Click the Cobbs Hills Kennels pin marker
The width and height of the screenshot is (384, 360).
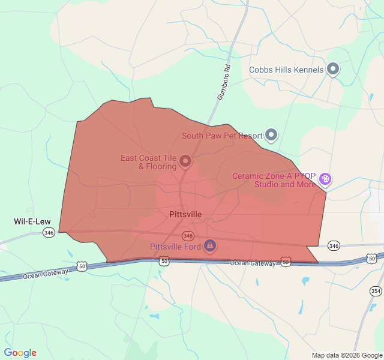click(x=333, y=70)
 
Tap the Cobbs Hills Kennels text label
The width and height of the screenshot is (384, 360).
click(x=286, y=70)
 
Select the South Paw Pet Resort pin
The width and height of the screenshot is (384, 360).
click(x=272, y=135)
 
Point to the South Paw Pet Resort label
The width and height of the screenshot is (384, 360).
click(x=222, y=136)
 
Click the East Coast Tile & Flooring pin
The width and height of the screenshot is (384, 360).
click(x=185, y=161)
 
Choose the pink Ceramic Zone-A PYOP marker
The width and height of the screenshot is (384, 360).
click(x=325, y=179)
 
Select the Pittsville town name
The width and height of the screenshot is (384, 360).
click(x=186, y=214)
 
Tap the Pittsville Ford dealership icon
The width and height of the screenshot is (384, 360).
click(x=210, y=245)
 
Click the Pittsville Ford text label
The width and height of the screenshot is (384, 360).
click(x=175, y=247)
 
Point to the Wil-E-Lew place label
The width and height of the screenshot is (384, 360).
click(x=32, y=221)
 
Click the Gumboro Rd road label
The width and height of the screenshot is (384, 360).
click(x=224, y=82)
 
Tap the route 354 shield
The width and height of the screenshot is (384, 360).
click(x=376, y=291)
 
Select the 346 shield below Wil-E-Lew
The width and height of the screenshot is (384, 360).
click(x=49, y=232)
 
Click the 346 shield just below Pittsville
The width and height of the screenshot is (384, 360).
click(x=188, y=235)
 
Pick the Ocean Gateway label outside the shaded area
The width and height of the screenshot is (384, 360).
click(x=46, y=274)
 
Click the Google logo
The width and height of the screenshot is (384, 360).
click(x=20, y=353)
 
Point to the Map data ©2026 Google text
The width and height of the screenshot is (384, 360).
click(x=347, y=355)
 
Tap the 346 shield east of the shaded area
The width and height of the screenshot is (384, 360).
click(x=334, y=246)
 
